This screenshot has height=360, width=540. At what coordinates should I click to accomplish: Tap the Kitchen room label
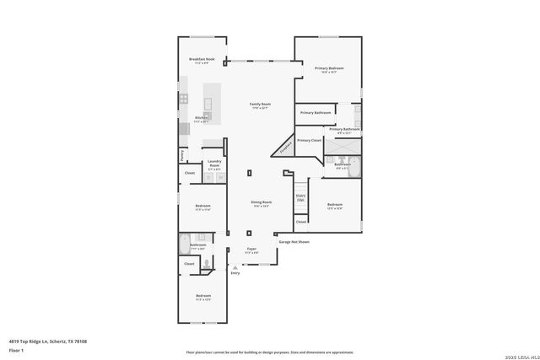pos(200,117)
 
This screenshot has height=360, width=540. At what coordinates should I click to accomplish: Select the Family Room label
pos(259,105)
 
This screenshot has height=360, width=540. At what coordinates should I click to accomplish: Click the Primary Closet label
pos(309,140)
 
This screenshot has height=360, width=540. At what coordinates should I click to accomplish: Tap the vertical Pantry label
pos(181,155)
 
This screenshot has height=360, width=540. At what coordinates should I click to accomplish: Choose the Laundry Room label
pos(214,165)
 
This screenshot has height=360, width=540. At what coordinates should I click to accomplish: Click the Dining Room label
pos(261,202)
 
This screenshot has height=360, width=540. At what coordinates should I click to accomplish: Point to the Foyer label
pos(251,249)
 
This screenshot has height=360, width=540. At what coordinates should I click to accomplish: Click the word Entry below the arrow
pos(235,273)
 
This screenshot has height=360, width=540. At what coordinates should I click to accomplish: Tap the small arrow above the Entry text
pos(235,267)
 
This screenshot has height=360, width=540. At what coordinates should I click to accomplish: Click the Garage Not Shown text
pos(294,242)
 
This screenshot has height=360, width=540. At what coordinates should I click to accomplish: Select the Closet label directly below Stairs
pos(300,222)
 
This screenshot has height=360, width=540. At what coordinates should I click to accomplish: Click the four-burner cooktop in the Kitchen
pos(183,99)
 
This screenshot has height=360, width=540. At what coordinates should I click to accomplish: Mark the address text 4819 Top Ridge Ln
pos(48,341)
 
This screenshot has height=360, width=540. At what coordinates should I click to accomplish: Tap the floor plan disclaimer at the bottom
pos(270,353)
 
